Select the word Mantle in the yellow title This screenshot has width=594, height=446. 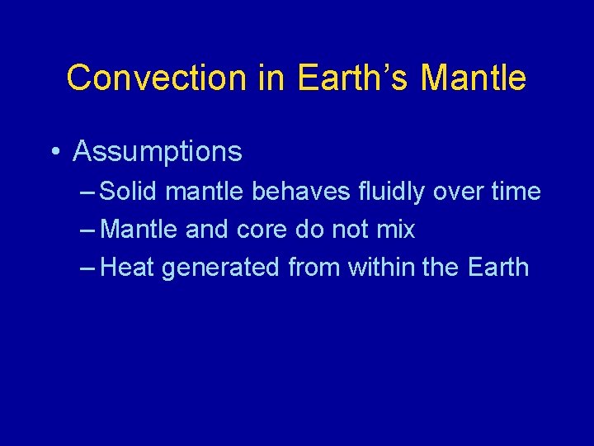473,78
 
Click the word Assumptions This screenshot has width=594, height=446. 158,152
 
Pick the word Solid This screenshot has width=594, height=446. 129,192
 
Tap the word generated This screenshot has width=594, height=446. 220,268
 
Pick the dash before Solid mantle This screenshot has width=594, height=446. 88,192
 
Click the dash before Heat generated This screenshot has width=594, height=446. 88,268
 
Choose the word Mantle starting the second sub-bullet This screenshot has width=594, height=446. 139,230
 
